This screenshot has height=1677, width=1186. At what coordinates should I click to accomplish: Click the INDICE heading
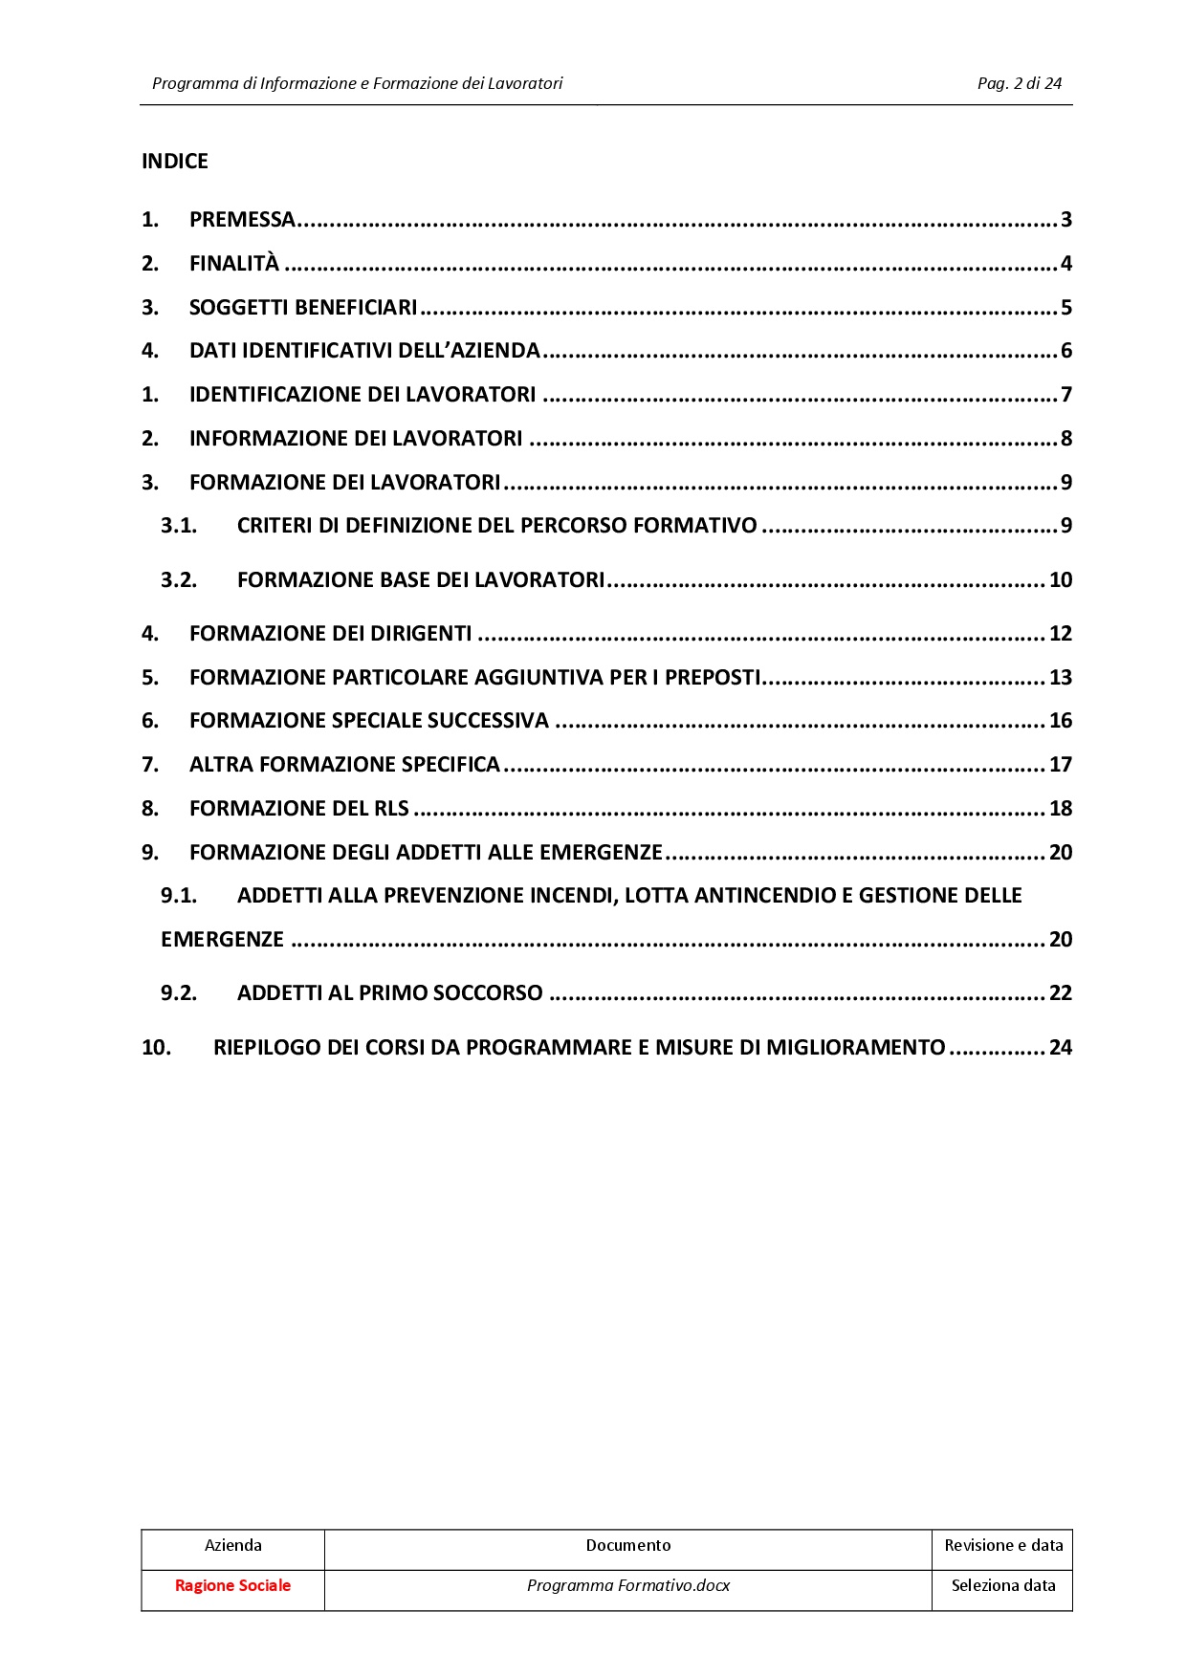175,161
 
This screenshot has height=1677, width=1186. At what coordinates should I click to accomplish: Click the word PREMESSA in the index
242,220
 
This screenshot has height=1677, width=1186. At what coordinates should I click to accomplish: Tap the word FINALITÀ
234,264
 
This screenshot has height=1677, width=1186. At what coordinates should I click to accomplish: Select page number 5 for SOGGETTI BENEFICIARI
1065,308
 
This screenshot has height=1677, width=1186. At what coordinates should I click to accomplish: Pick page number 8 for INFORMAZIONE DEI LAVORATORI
1065,439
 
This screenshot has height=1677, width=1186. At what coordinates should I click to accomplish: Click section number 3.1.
179,526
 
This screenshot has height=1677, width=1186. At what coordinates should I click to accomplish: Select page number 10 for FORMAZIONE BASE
1061,580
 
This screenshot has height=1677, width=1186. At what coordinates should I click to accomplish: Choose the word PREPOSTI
713,678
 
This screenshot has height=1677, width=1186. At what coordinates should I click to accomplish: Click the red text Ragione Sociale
232,1585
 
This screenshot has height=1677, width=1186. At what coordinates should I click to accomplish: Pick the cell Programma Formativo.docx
628,1585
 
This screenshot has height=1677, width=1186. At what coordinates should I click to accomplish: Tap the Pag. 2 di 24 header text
1020,83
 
